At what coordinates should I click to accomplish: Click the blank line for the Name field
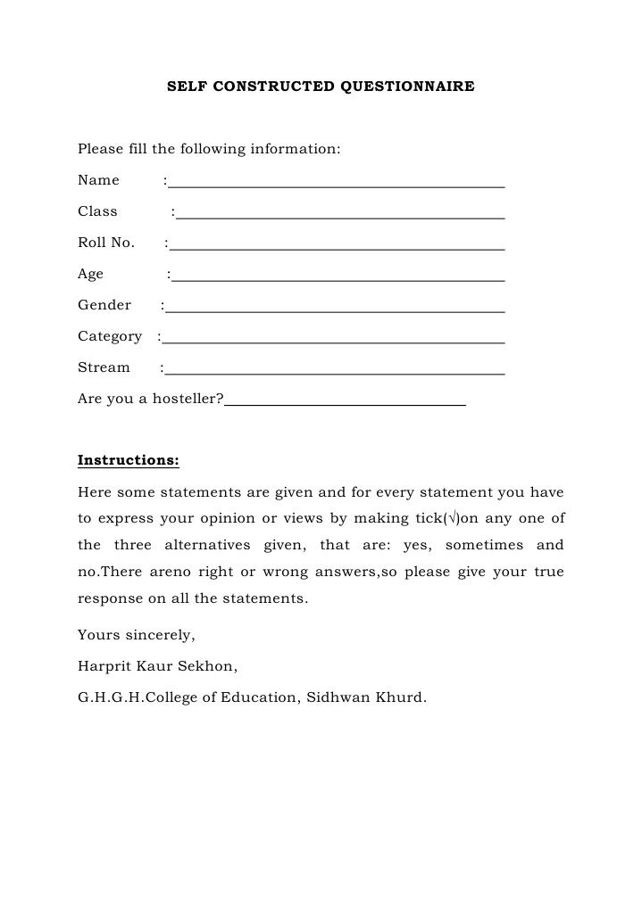point(337,186)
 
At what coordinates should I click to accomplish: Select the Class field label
point(97,211)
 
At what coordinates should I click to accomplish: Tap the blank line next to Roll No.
point(338,248)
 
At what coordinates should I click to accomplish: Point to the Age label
point(90,274)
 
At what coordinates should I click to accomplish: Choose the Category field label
point(110,336)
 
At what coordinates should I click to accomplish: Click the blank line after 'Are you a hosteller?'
point(346,404)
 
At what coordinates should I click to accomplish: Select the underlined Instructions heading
point(129,460)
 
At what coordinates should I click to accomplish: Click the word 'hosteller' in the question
point(185,399)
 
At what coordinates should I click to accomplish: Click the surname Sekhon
point(210,666)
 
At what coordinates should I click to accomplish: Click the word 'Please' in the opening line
point(100,149)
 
